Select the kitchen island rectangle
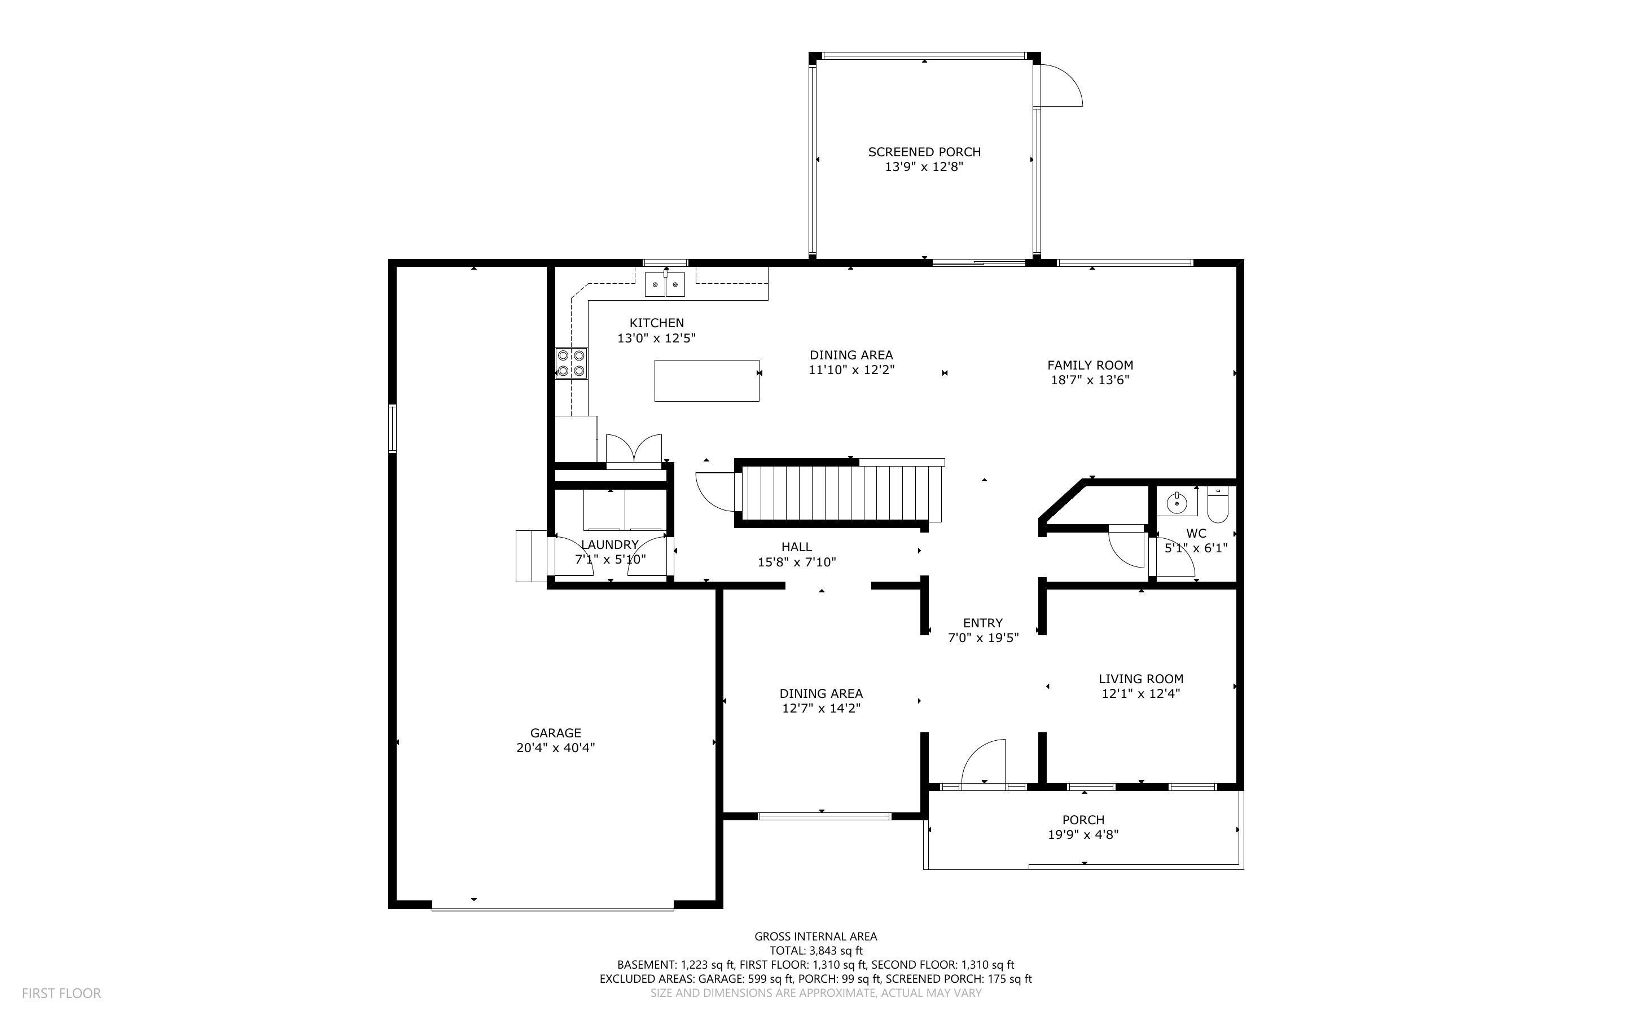click(x=707, y=380)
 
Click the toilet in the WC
click(x=1218, y=504)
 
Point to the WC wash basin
click(x=1177, y=502)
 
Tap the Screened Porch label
click(x=924, y=152)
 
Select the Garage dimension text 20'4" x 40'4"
click(x=556, y=748)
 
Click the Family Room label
click(x=1090, y=365)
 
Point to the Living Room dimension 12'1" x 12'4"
click(x=1140, y=693)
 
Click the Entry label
click(x=983, y=623)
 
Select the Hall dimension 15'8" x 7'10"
click(x=797, y=562)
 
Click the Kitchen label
click(x=656, y=323)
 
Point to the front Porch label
click(x=1083, y=820)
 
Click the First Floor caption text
click(x=62, y=993)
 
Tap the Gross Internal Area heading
click(x=815, y=937)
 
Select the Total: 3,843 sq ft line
click(x=815, y=951)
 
